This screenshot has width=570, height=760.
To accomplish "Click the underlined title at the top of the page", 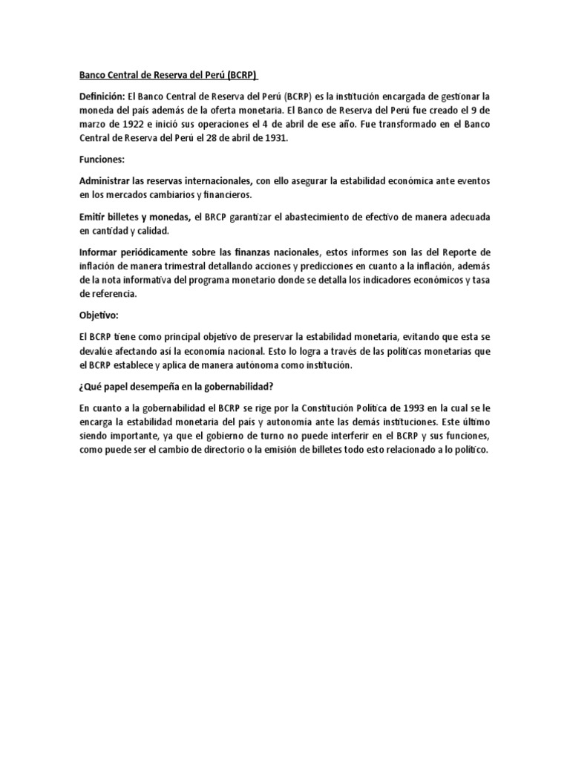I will coord(169,76).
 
